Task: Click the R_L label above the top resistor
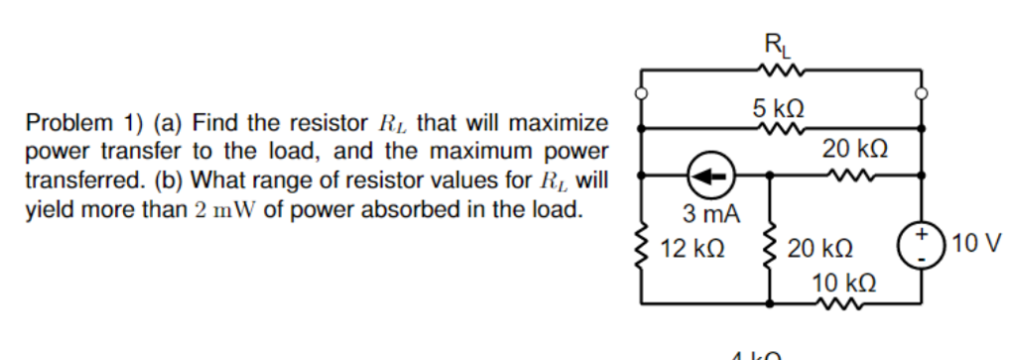(x=774, y=45)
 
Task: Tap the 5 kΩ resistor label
(x=777, y=106)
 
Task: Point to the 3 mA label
(x=706, y=213)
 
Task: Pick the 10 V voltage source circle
(x=920, y=242)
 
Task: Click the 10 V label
(x=976, y=244)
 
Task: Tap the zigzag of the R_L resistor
(x=775, y=70)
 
